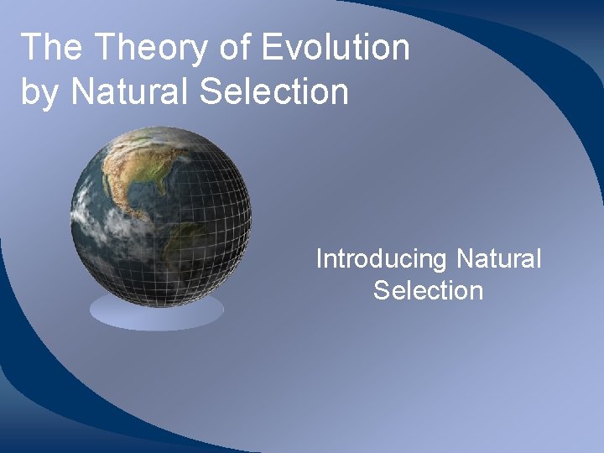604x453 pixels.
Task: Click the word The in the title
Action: [x=51, y=49]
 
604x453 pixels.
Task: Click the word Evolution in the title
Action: [x=336, y=49]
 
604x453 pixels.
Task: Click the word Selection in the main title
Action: [x=273, y=91]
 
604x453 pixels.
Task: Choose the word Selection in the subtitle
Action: [x=428, y=291]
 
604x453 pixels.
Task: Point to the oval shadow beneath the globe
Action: [x=157, y=311]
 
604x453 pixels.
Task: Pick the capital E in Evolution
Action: [x=272, y=49]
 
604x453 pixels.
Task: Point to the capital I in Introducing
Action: [x=319, y=259]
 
